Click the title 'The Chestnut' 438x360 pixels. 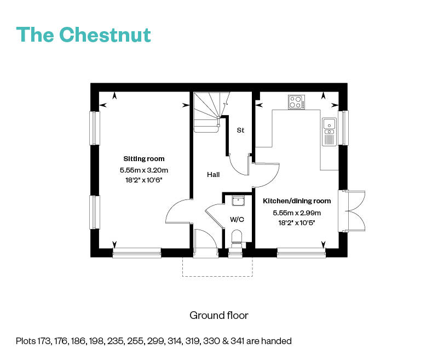tap(83, 34)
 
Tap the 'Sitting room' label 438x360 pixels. tap(144, 159)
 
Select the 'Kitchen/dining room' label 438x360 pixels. tap(297, 201)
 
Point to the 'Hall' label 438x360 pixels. tap(213, 175)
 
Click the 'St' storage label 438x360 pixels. tap(240, 130)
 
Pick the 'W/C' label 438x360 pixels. tap(237, 220)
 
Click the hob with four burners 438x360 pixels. tap(296, 102)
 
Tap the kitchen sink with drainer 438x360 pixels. tap(329, 132)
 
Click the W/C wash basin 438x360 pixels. tap(238, 201)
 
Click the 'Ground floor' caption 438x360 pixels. tap(218, 315)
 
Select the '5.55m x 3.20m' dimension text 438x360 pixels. tap(144, 170)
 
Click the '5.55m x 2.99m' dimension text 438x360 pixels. tap(297, 213)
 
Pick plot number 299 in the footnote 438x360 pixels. tap(170, 341)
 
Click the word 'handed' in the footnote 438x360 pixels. tap(278, 341)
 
